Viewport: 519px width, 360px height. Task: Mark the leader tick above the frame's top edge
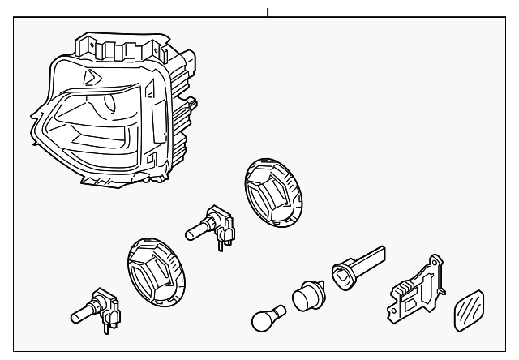267,12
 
